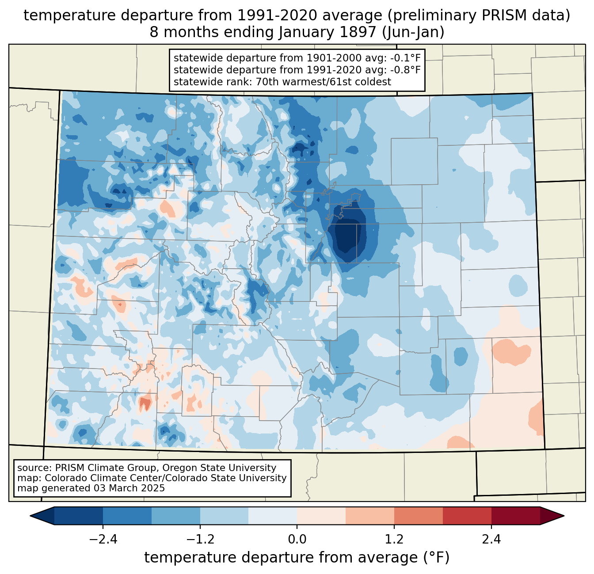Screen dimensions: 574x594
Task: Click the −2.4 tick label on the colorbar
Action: coord(103,540)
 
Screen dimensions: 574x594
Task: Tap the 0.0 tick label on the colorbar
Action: coord(297,540)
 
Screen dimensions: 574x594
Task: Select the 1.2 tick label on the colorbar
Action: coord(394,540)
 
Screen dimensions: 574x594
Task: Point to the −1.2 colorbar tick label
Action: coord(200,540)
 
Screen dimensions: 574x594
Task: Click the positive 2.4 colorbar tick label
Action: coord(491,540)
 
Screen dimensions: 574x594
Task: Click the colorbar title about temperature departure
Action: coord(297,558)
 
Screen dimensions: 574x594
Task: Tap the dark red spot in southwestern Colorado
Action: coord(145,403)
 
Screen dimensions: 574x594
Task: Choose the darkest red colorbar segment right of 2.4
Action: coord(515,516)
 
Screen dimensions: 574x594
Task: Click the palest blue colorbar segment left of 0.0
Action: coord(273,516)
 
